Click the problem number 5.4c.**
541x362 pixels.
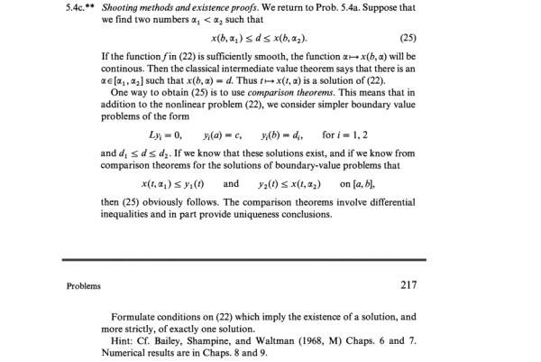(84, 8)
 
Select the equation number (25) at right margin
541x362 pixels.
(407, 41)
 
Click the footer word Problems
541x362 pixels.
(84, 286)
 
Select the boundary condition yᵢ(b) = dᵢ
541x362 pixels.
(280, 135)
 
